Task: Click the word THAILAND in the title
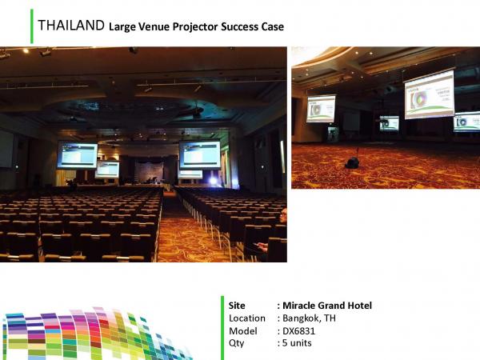71,25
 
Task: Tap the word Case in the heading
273,26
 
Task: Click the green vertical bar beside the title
32,26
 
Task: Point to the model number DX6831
298,331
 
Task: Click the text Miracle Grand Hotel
327,306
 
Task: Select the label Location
247,318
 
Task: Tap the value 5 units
297,343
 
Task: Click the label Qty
236,343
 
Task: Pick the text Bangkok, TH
309,318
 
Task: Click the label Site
237,306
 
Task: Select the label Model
243,331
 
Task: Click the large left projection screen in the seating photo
77,154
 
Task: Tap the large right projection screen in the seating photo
200,154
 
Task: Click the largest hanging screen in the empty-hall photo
430,94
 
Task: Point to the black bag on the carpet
353,162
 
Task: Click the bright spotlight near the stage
213,181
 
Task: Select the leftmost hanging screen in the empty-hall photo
321,109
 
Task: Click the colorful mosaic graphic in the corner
95,334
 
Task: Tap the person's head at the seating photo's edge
283,215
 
